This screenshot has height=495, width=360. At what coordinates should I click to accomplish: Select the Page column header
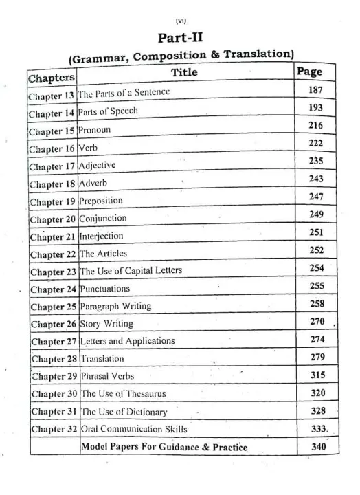309,71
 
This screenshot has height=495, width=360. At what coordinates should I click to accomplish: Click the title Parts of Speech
109,111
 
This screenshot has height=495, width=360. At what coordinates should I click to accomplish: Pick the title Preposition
101,201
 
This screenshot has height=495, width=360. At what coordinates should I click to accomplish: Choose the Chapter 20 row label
53,219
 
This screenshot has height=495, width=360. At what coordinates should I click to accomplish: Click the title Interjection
102,236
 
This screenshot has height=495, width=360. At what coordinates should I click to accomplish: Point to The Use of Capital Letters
131,271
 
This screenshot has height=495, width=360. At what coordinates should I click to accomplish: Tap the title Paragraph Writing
115,306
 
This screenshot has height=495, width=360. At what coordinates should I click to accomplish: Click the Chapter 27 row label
54,341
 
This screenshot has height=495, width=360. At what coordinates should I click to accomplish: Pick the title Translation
102,359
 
